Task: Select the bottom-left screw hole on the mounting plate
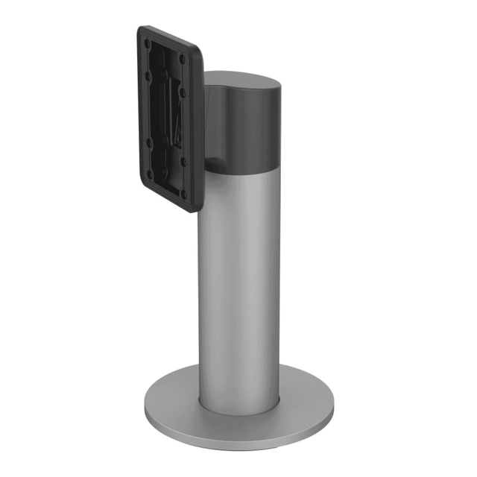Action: point(149,173)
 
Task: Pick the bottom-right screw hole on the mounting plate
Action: point(183,191)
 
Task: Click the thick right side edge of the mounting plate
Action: point(200,134)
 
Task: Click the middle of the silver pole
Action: point(238,283)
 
